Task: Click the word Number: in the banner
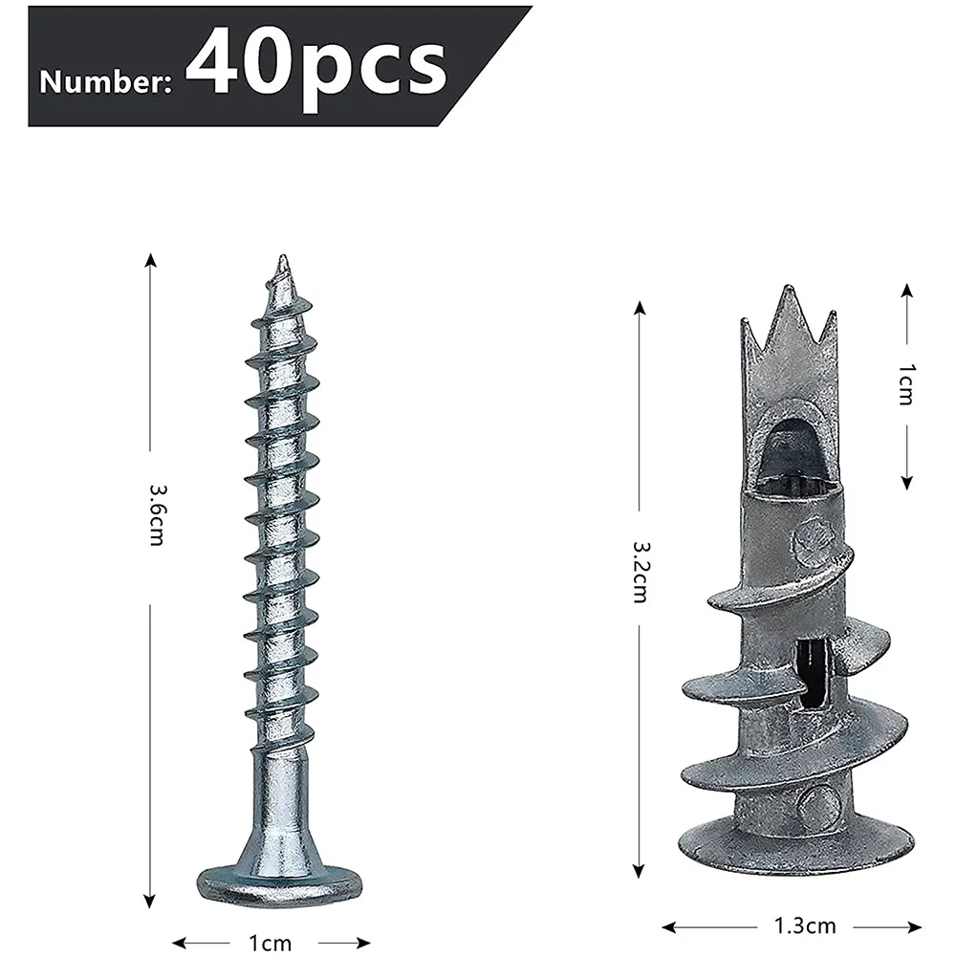[105, 82]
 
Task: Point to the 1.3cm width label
[791, 925]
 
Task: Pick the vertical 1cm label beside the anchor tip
[905, 384]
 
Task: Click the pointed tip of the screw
[281, 262]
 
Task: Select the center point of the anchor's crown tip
[788, 292]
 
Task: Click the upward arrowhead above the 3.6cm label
[150, 261]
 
